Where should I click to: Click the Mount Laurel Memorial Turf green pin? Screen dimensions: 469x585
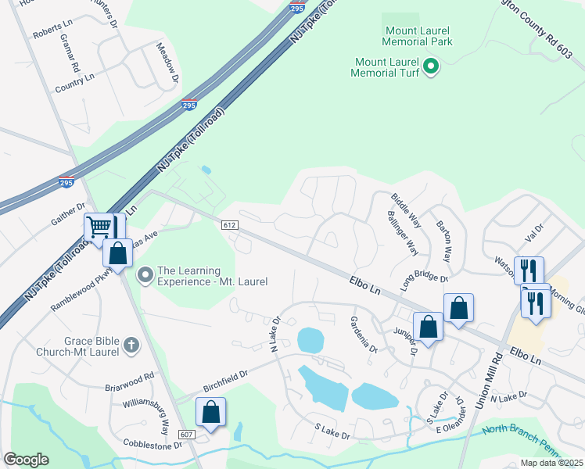(431, 66)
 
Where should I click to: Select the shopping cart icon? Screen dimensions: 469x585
(99, 227)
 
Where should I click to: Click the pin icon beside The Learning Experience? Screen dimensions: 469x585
(145, 275)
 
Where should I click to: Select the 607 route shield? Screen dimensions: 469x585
(186, 435)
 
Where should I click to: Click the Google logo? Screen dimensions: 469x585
(26, 460)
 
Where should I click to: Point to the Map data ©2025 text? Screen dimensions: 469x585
(551, 463)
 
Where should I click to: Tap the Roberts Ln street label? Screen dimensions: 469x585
(52, 35)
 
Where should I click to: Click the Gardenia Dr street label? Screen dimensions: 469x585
(363, 334)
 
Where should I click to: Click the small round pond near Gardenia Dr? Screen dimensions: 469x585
(310, 340)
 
